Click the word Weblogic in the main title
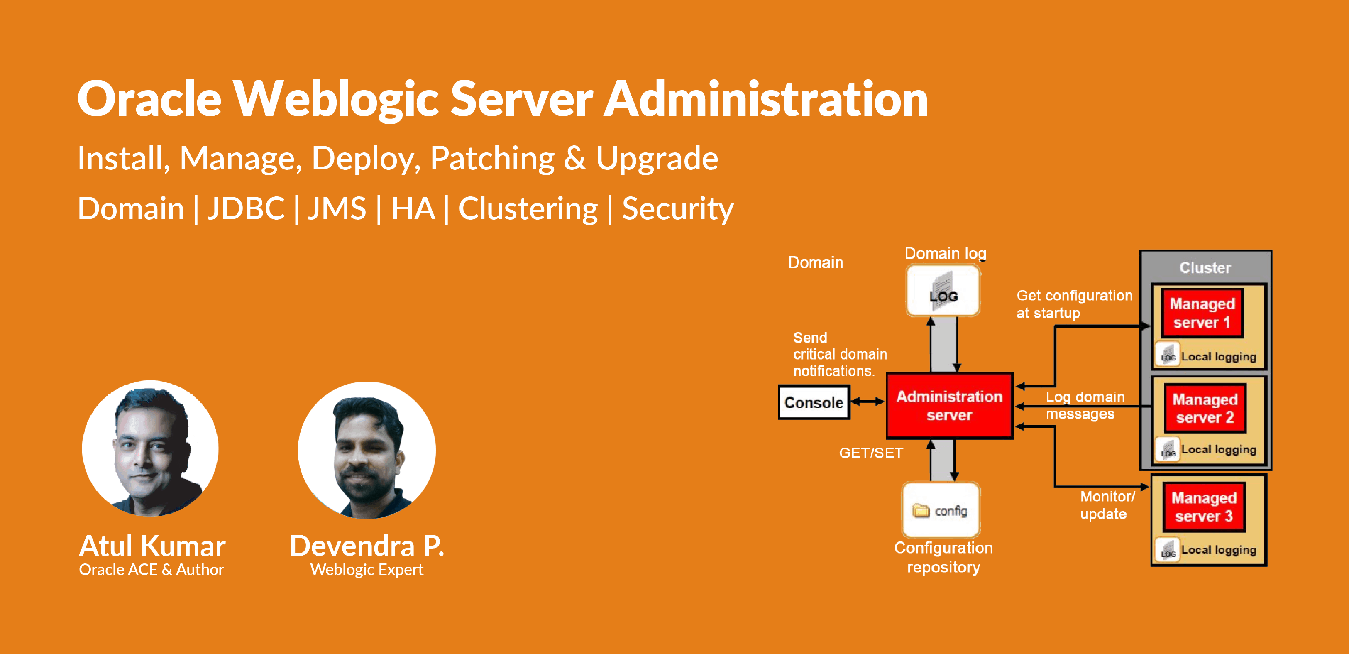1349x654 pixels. (x=335, y=100)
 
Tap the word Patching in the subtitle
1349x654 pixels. (x=492, y=158)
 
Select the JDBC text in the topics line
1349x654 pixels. (x=246, y=208)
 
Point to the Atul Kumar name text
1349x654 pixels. (x=152, y=546)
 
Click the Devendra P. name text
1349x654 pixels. (x=367, y=546)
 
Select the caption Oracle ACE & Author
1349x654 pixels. (x=152, y=570)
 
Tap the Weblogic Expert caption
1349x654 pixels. (x=367, y=570)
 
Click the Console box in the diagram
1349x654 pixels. (x=814, y=402)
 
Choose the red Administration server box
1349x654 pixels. (x=949, y=406)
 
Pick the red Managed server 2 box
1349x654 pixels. (x=1205, y=408)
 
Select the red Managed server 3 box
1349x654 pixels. (x=1204, y=507)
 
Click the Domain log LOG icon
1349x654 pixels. (x=943, y=290)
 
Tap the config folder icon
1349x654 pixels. (x=921, y=510)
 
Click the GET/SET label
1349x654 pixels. (x=871, y=453)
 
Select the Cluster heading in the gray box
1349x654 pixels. (x=1205, y=268)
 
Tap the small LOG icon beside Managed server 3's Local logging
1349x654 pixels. (x=1168, y=550)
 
